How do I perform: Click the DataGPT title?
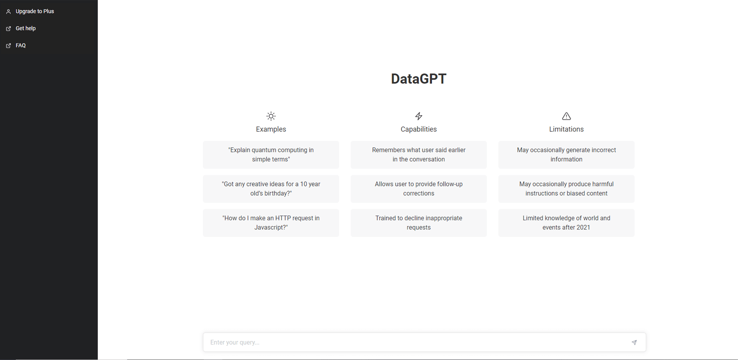(418, 79)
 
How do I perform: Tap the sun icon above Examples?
(271, 116)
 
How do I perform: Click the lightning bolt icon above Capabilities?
(418, 116)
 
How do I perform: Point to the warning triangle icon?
(566, 116)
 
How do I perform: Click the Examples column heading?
(271, 129)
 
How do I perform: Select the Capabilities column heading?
(418, 129)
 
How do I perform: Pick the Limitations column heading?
(566, 129)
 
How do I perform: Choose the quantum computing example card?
(271, 155)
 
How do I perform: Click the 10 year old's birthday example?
(271, 189)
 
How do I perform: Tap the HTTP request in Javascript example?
(271, 223)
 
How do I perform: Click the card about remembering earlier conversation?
(418, 155)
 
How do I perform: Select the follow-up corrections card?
(418, 189)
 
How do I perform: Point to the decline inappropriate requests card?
(418, 223)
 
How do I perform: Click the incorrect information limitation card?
(566, 155)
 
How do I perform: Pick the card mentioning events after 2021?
(566, 223)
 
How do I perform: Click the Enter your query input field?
(415, 342)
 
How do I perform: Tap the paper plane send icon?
(634, 342)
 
